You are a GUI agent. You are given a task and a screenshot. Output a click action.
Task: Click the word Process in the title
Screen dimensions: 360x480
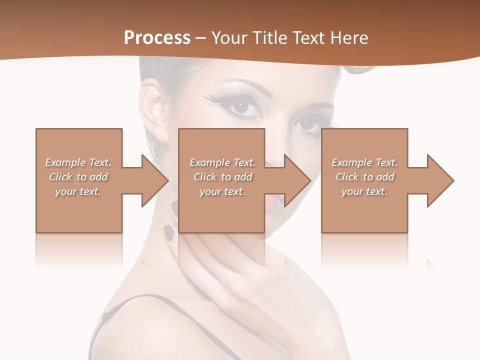click(157, 38)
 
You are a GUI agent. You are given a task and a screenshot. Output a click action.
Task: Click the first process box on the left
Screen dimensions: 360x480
click(79, 210)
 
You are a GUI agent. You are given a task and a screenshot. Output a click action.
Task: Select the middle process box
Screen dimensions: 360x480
click(221, 215)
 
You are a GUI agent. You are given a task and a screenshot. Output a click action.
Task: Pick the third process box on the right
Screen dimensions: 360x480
click(364, 215)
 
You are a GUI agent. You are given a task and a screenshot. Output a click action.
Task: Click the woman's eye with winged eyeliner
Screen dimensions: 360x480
click(243, 106)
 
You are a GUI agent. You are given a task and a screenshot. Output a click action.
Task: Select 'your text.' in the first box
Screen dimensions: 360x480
click(78, 191)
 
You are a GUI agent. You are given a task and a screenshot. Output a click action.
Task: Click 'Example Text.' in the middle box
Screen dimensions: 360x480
click(222, 162)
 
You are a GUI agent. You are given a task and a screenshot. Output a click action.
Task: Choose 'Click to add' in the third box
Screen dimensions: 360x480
click(365, 177)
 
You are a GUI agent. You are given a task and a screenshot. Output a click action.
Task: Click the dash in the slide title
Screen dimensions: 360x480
click(201, 38)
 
